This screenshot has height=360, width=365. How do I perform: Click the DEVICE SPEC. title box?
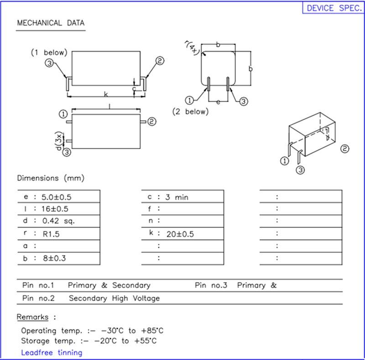point(334,8)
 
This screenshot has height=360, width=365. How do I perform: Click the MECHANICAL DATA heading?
point(51,23)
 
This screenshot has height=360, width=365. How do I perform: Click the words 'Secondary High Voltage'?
point(114,298)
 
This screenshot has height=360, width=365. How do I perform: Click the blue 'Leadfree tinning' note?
point(52,352)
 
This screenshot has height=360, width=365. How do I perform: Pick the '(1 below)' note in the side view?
point(49,52)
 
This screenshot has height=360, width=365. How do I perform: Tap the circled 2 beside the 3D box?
point(345,149)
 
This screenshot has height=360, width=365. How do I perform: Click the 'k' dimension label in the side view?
point(105,94)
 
